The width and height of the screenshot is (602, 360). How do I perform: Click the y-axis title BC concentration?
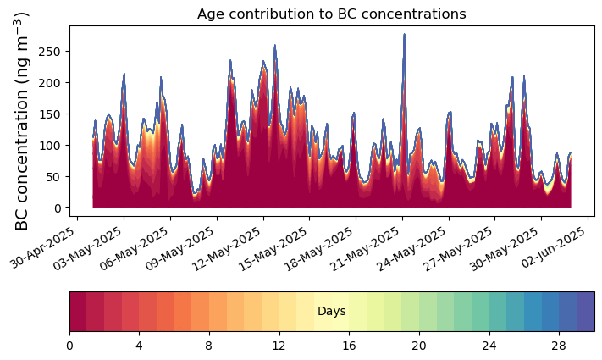pyautogui.click(x=22, y=120)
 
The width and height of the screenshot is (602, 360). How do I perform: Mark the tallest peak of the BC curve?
pyautogui.click(x=404, y=35)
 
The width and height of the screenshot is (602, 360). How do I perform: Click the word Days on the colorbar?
pyautogui.click(x=331, y=312)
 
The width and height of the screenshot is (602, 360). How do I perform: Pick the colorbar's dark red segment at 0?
pyautogui.click(x=78, y=311)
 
